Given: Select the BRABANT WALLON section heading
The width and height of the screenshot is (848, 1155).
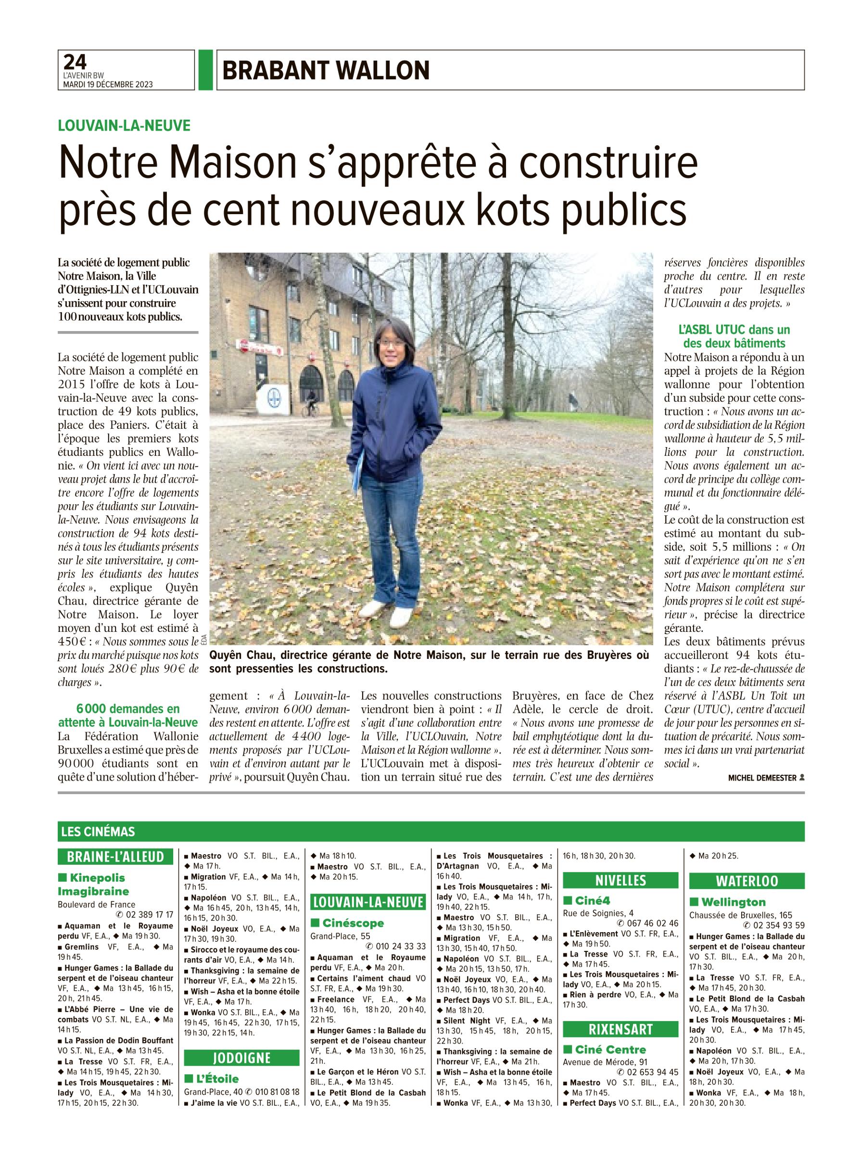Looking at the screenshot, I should (326, 70).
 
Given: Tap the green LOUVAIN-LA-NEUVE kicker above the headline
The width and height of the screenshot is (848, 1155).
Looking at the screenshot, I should (124, 125).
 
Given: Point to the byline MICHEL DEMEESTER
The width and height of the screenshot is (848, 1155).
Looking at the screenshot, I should (762, 778).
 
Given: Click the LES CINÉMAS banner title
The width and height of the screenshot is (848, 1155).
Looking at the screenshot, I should (98, 831).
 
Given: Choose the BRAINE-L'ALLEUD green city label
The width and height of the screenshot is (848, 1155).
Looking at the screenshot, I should (115, 857).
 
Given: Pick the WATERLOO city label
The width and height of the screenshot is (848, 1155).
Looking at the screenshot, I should (747, 881).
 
